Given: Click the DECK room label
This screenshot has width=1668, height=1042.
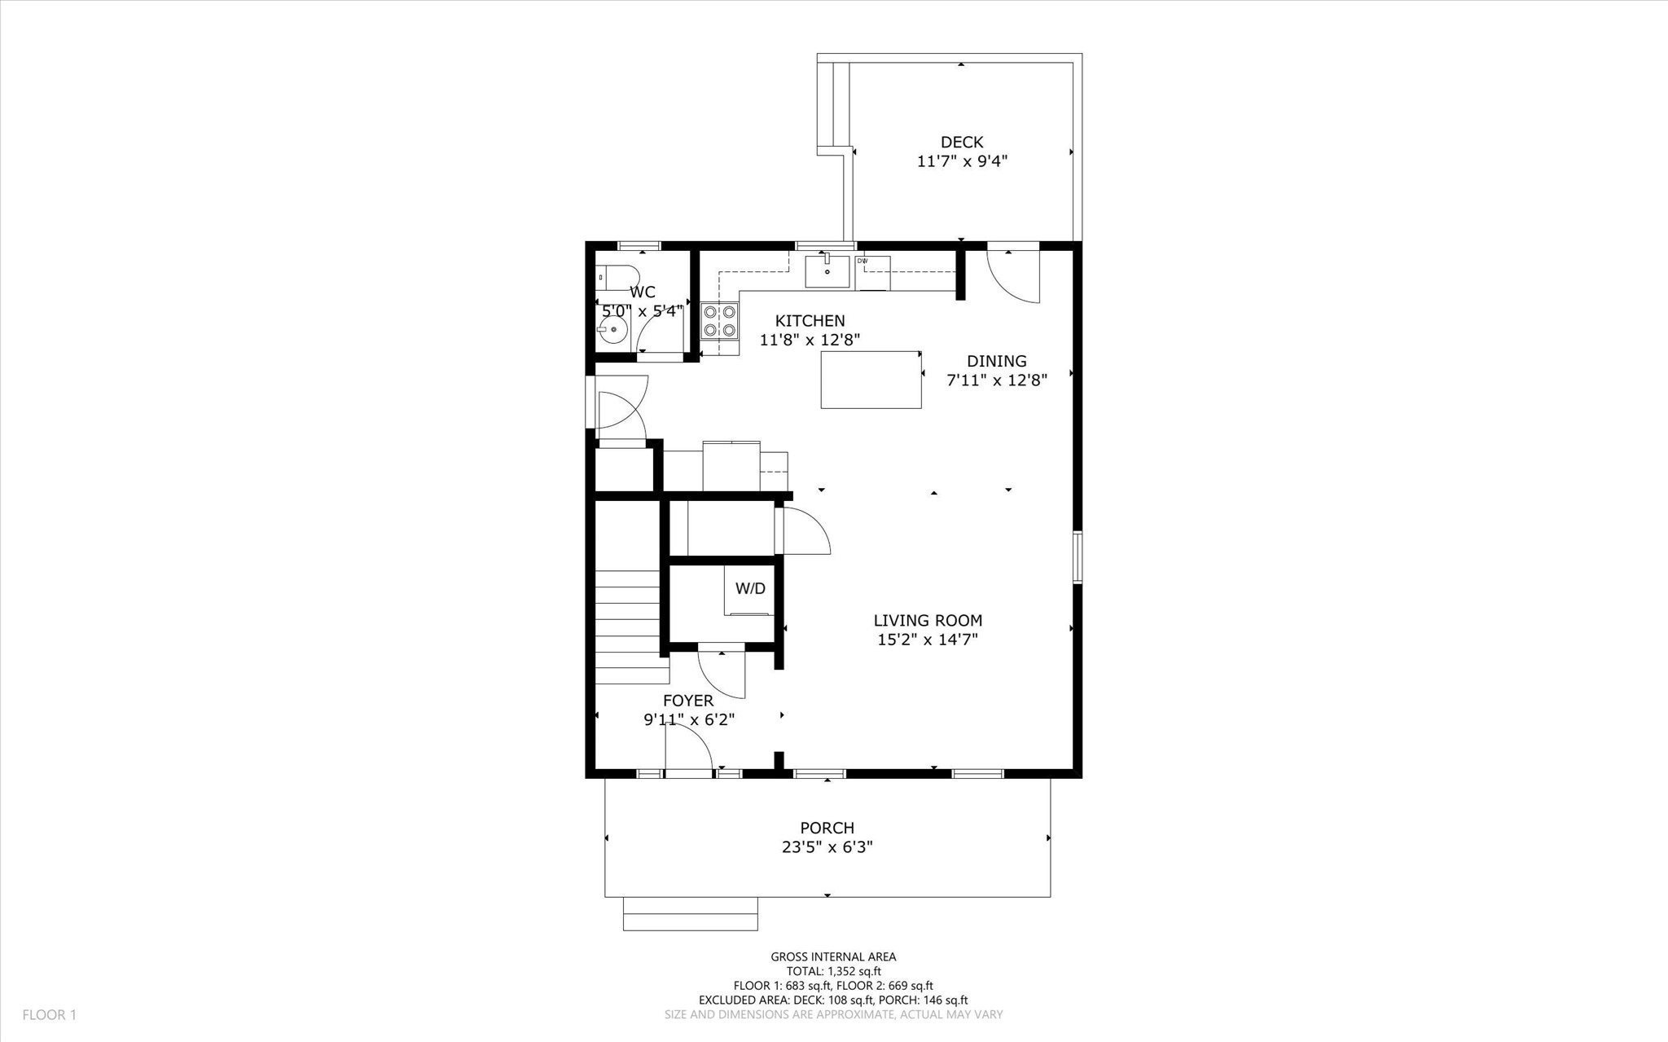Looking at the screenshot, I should [962, 143].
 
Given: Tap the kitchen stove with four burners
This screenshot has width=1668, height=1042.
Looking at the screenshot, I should [720, 321].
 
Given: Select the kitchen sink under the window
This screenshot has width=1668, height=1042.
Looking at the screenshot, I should [827, 271].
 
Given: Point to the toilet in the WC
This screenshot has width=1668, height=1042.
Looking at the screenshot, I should [613, 278].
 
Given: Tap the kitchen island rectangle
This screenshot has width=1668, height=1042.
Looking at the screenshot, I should [871, 380].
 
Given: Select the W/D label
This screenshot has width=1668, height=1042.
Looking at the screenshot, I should [750, 588].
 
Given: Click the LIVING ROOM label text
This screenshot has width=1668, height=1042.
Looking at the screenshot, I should [928, 620].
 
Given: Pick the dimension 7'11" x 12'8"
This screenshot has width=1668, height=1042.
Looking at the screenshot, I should [996, 380].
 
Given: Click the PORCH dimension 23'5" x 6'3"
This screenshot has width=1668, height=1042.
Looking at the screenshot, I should [827, 847].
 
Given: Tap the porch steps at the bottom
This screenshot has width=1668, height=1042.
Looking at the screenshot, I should [690, 913].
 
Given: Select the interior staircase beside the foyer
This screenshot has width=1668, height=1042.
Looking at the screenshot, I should [627, 626].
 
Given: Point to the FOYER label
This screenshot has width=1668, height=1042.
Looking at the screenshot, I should [688, 701].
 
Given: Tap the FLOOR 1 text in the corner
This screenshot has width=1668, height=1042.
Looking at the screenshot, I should [49, 1015].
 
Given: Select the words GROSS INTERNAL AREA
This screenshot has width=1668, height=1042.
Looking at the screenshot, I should [833, 957].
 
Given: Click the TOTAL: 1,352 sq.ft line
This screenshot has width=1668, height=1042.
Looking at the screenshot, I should [833, 971].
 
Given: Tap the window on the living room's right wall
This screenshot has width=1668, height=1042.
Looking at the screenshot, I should [1078, 557].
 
